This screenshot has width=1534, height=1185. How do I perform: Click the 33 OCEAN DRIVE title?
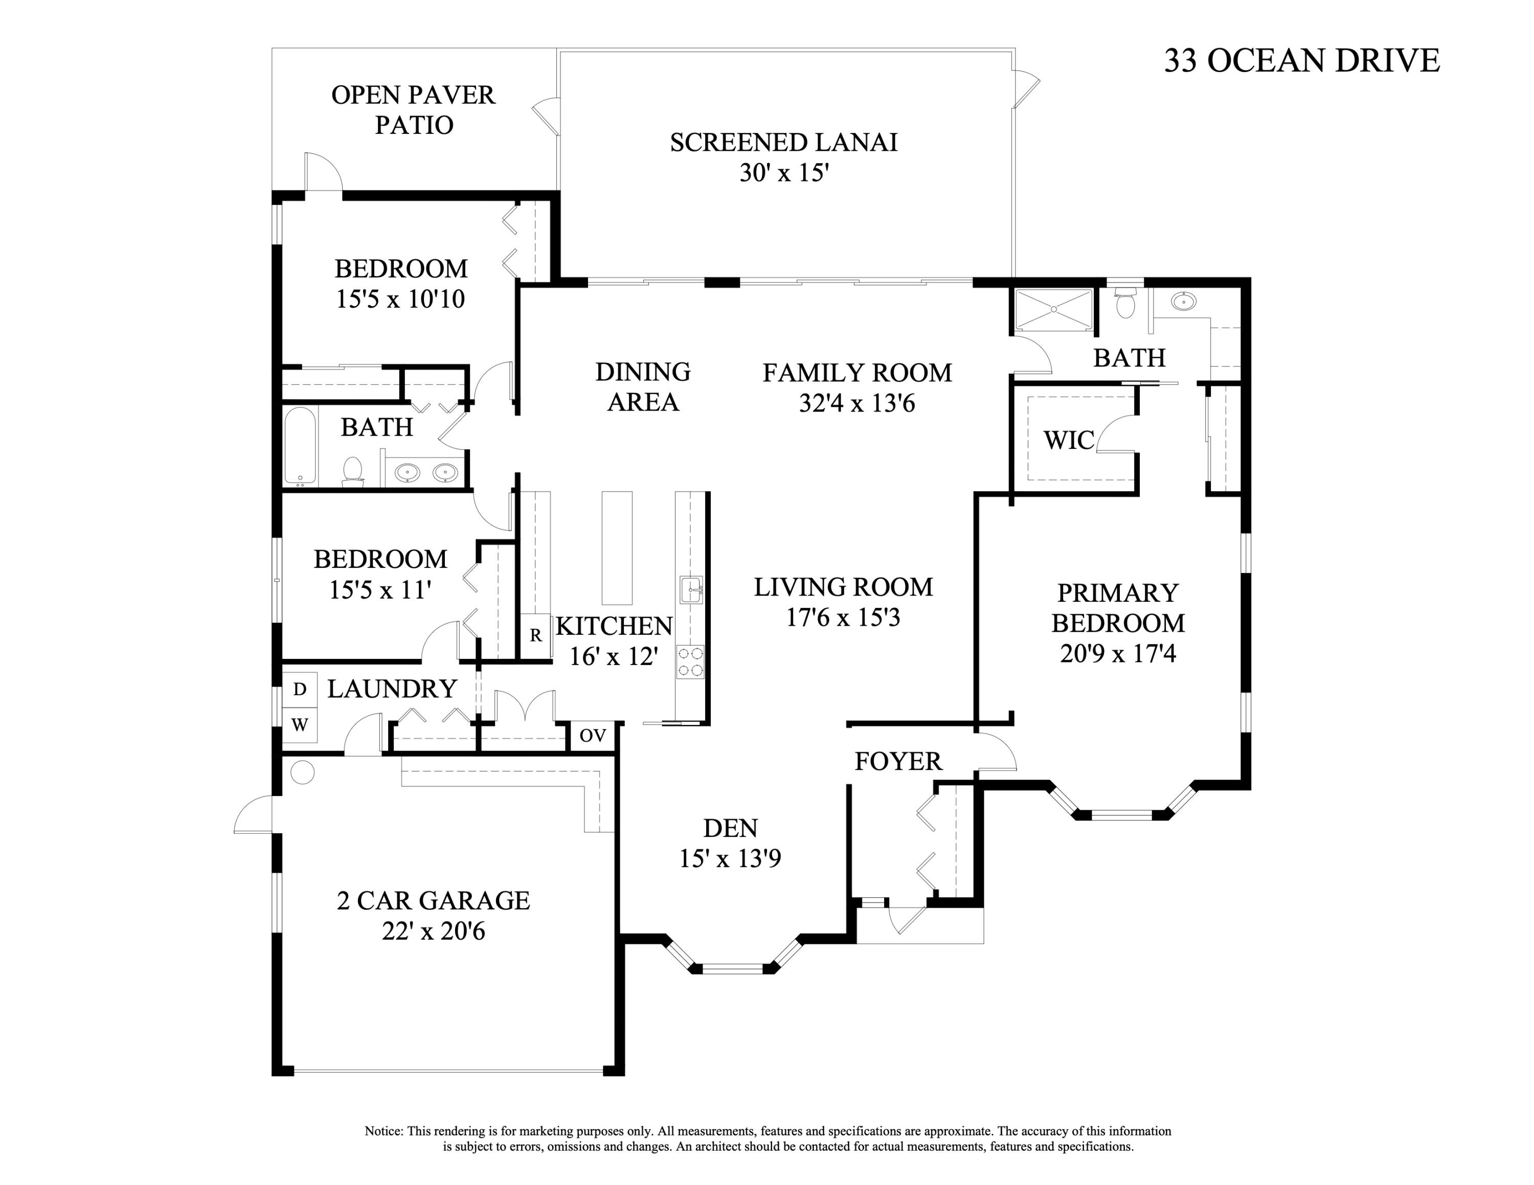tap(1301, 60)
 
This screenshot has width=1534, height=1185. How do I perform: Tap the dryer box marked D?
tap(300, 690)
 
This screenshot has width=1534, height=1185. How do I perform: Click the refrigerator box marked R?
tap(536, 636)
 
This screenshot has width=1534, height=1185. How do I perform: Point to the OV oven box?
tap(593, 736)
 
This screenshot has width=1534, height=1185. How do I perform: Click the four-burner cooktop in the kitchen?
tap(690, 662)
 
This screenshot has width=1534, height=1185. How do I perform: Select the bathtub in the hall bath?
tap(300, 446)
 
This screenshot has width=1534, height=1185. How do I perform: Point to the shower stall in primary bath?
tap(1051, 310)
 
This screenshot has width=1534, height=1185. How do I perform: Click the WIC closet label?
tap(1068, 441)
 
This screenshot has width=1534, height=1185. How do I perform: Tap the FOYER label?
tap(897, 762)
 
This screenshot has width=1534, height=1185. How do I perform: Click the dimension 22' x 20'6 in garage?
tap(434, 931)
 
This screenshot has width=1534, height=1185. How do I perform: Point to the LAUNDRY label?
tap(392, 690)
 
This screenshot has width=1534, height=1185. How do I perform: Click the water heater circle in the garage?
tap(303, 773)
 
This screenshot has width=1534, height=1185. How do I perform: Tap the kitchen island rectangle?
tap(617, 548)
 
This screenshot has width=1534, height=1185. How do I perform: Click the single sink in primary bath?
tap(1184, 302)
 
